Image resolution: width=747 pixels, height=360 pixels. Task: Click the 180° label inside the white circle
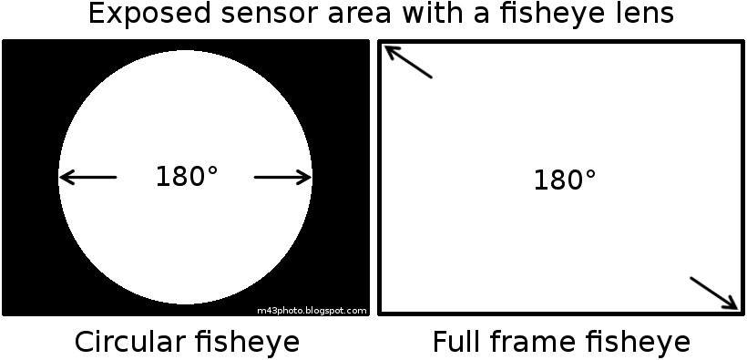pos(186,177)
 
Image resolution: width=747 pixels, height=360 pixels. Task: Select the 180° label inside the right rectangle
pos(564,180)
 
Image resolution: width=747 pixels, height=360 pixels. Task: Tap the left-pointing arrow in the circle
pos(87,177)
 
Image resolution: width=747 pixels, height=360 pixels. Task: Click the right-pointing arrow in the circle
pos(283,177)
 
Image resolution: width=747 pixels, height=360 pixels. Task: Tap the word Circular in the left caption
pos(130,343)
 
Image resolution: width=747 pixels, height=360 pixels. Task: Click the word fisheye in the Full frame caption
pos(639,343)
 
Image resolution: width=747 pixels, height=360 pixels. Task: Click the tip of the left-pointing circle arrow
pos(60,177)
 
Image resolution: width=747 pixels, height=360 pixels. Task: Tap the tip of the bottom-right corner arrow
pos(737,308)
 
